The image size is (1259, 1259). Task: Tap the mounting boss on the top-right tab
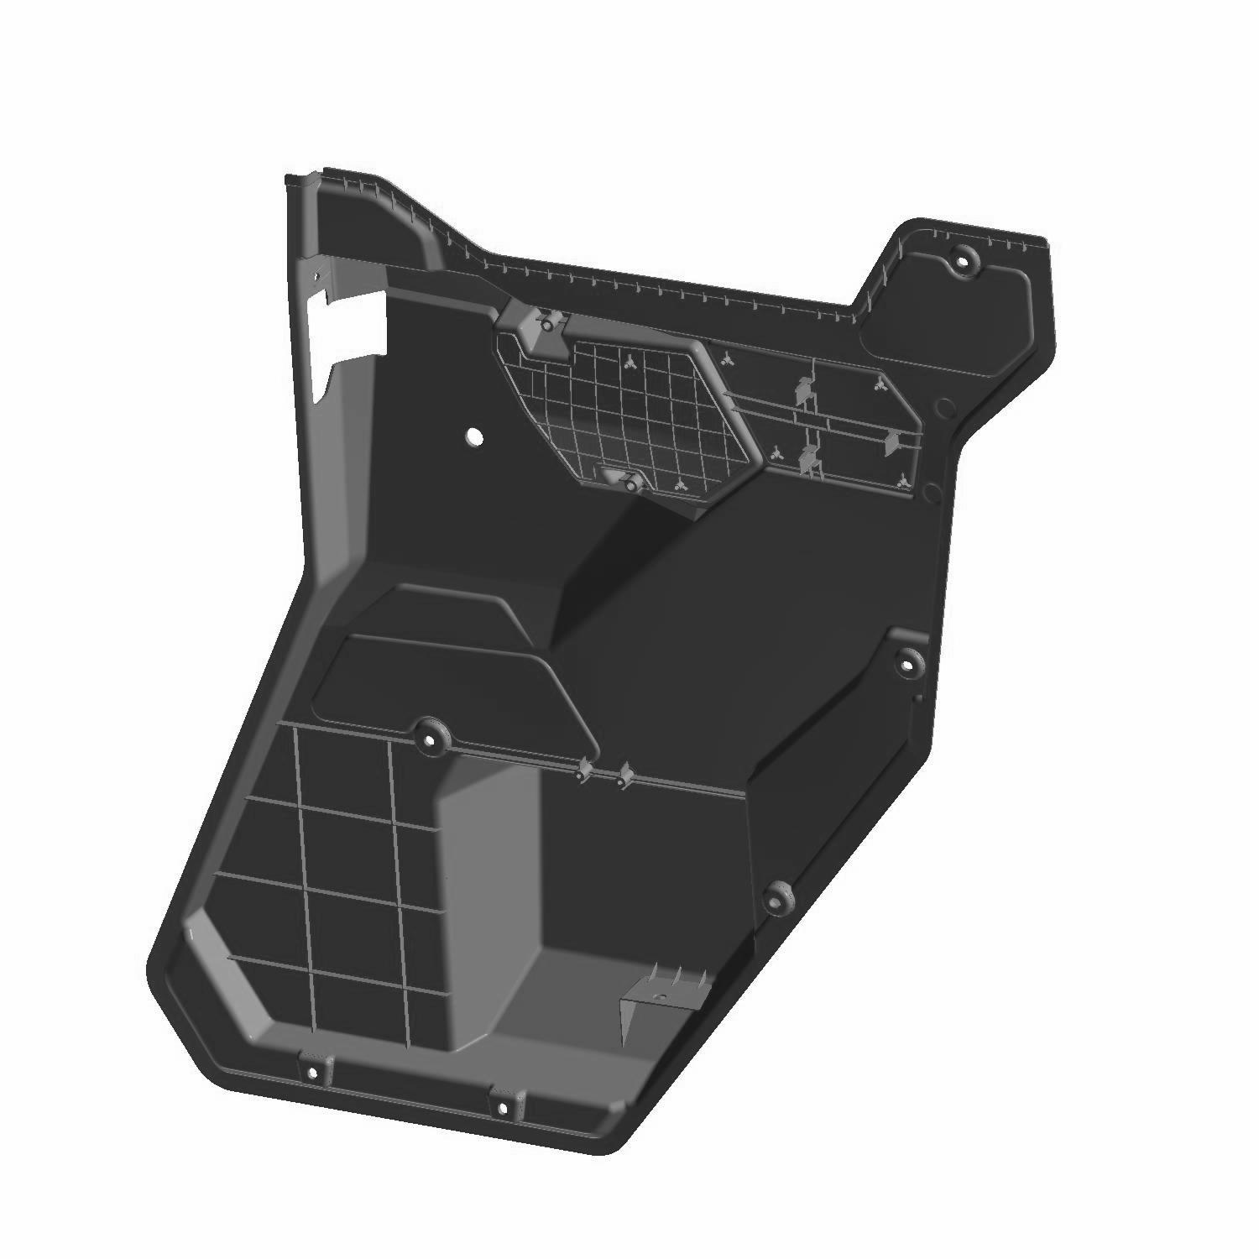(x=963, y=261)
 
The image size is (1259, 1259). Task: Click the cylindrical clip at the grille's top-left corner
(x=546, y=323)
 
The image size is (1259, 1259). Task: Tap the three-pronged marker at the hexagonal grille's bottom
(x=678, y=484)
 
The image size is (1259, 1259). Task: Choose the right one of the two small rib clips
(x=623, y=778)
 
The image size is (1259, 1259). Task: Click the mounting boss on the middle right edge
(x=906, y=664)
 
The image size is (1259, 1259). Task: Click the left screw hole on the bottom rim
(x=312, y=1072)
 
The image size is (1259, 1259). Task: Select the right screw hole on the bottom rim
(x=502, y=1107)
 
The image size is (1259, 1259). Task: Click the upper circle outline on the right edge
(x=944, y=409)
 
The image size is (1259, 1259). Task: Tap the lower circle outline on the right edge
(x=932, y=491)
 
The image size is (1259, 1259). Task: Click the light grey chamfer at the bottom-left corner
(x=220, y=965)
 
